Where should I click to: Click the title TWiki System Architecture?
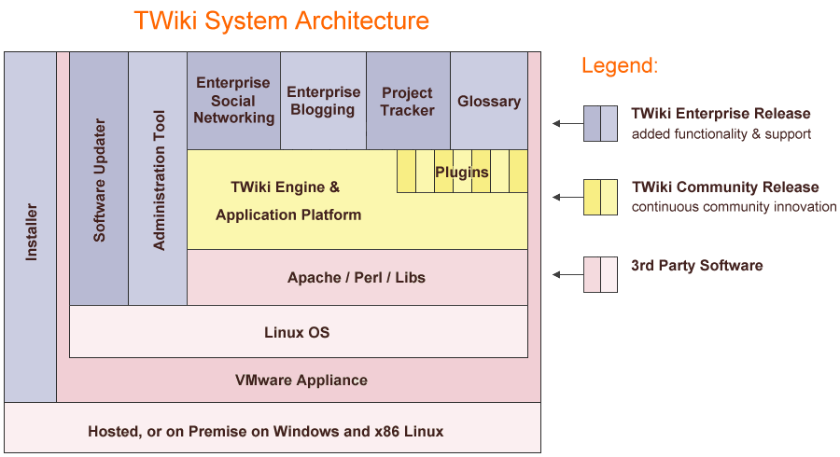tap(281, 21)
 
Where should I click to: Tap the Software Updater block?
tap(99, 179)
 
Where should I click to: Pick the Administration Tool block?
tap(158, 179)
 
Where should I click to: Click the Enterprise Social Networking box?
tap(233, 101)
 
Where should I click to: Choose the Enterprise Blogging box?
tap(323, 101)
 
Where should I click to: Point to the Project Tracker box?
tap(408, 101)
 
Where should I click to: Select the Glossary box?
tap(489, 101)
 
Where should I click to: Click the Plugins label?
tap(461, 173)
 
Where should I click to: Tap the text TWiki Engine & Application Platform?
tap(287, 201)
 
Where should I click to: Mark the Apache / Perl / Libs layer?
tap(357, 277)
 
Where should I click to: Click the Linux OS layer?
tap(297, 332)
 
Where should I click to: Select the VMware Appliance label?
tap(301, 381)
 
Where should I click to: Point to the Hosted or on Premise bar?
tap(266, 431)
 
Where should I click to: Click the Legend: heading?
tap(620, 66)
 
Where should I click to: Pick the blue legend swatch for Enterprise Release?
tap(600, 123)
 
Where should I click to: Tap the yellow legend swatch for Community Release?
tap(600, 197)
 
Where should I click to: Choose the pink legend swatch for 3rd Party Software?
tap(600, 274)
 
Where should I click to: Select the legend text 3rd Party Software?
tap(696, 266)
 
